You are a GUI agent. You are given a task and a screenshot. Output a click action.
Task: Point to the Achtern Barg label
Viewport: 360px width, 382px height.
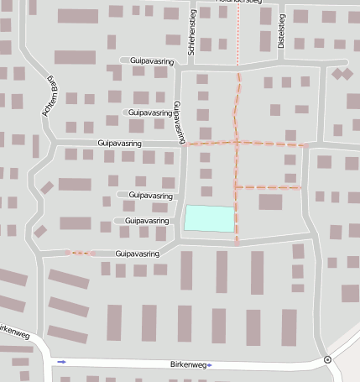(49, 96)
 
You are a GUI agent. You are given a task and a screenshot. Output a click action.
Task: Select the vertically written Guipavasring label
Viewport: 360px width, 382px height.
(178, 122)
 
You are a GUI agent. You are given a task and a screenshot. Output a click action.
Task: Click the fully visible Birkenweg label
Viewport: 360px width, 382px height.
(187, 365)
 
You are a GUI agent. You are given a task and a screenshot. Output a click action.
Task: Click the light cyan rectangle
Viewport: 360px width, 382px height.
(209, 218)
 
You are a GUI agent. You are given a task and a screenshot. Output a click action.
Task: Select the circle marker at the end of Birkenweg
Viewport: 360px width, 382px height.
(326, 360)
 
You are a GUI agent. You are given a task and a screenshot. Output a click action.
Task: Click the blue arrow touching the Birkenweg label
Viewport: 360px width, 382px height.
(209, 365)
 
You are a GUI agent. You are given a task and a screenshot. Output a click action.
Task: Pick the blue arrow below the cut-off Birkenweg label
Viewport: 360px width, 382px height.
(60, 362)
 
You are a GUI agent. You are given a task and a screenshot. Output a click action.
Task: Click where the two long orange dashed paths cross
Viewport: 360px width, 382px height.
(237, 143)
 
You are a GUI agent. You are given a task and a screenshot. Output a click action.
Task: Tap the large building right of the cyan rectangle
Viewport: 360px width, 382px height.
(270, 201)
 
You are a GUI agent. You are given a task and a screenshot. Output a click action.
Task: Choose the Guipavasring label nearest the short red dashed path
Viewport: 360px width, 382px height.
(138, 253)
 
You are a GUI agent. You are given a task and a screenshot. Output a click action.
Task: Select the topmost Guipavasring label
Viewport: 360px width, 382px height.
(151, 60)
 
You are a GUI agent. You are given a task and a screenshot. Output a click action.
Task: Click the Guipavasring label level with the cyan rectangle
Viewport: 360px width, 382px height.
(147, 220)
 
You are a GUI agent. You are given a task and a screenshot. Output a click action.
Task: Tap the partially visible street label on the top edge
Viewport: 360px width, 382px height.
(239, 2)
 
